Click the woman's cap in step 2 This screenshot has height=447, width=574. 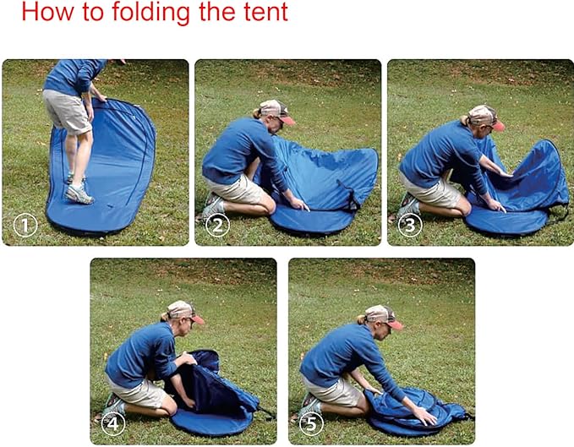click(274, 110)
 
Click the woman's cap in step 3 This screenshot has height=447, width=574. click(484, 115)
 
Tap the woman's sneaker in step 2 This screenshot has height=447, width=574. click(212, 206)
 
